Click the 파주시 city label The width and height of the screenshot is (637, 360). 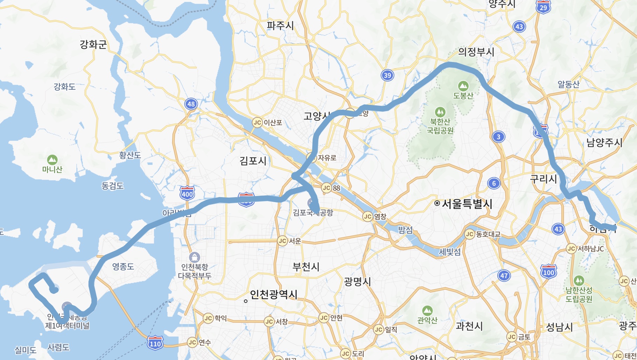280,26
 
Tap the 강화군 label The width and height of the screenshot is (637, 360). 93,44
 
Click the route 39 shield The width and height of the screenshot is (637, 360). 387,75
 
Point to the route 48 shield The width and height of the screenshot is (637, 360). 191,104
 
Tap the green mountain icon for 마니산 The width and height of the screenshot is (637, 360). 52,160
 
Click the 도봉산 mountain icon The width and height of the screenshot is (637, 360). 463,85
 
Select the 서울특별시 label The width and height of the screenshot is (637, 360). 467,203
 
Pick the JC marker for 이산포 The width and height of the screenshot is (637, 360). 257,123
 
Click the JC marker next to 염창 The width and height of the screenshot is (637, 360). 367,216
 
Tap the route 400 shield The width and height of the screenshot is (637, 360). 187,193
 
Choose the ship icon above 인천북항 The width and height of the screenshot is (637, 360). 195,257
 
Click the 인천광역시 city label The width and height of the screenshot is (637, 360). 274,294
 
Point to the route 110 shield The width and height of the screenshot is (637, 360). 155,343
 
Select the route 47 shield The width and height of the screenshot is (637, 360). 504,276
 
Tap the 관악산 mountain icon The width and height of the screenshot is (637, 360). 427,311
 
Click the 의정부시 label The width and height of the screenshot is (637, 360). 476,52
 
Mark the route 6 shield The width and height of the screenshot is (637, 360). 494,183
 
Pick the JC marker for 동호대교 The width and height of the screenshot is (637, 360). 470,234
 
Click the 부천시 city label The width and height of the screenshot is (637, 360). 306,267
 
